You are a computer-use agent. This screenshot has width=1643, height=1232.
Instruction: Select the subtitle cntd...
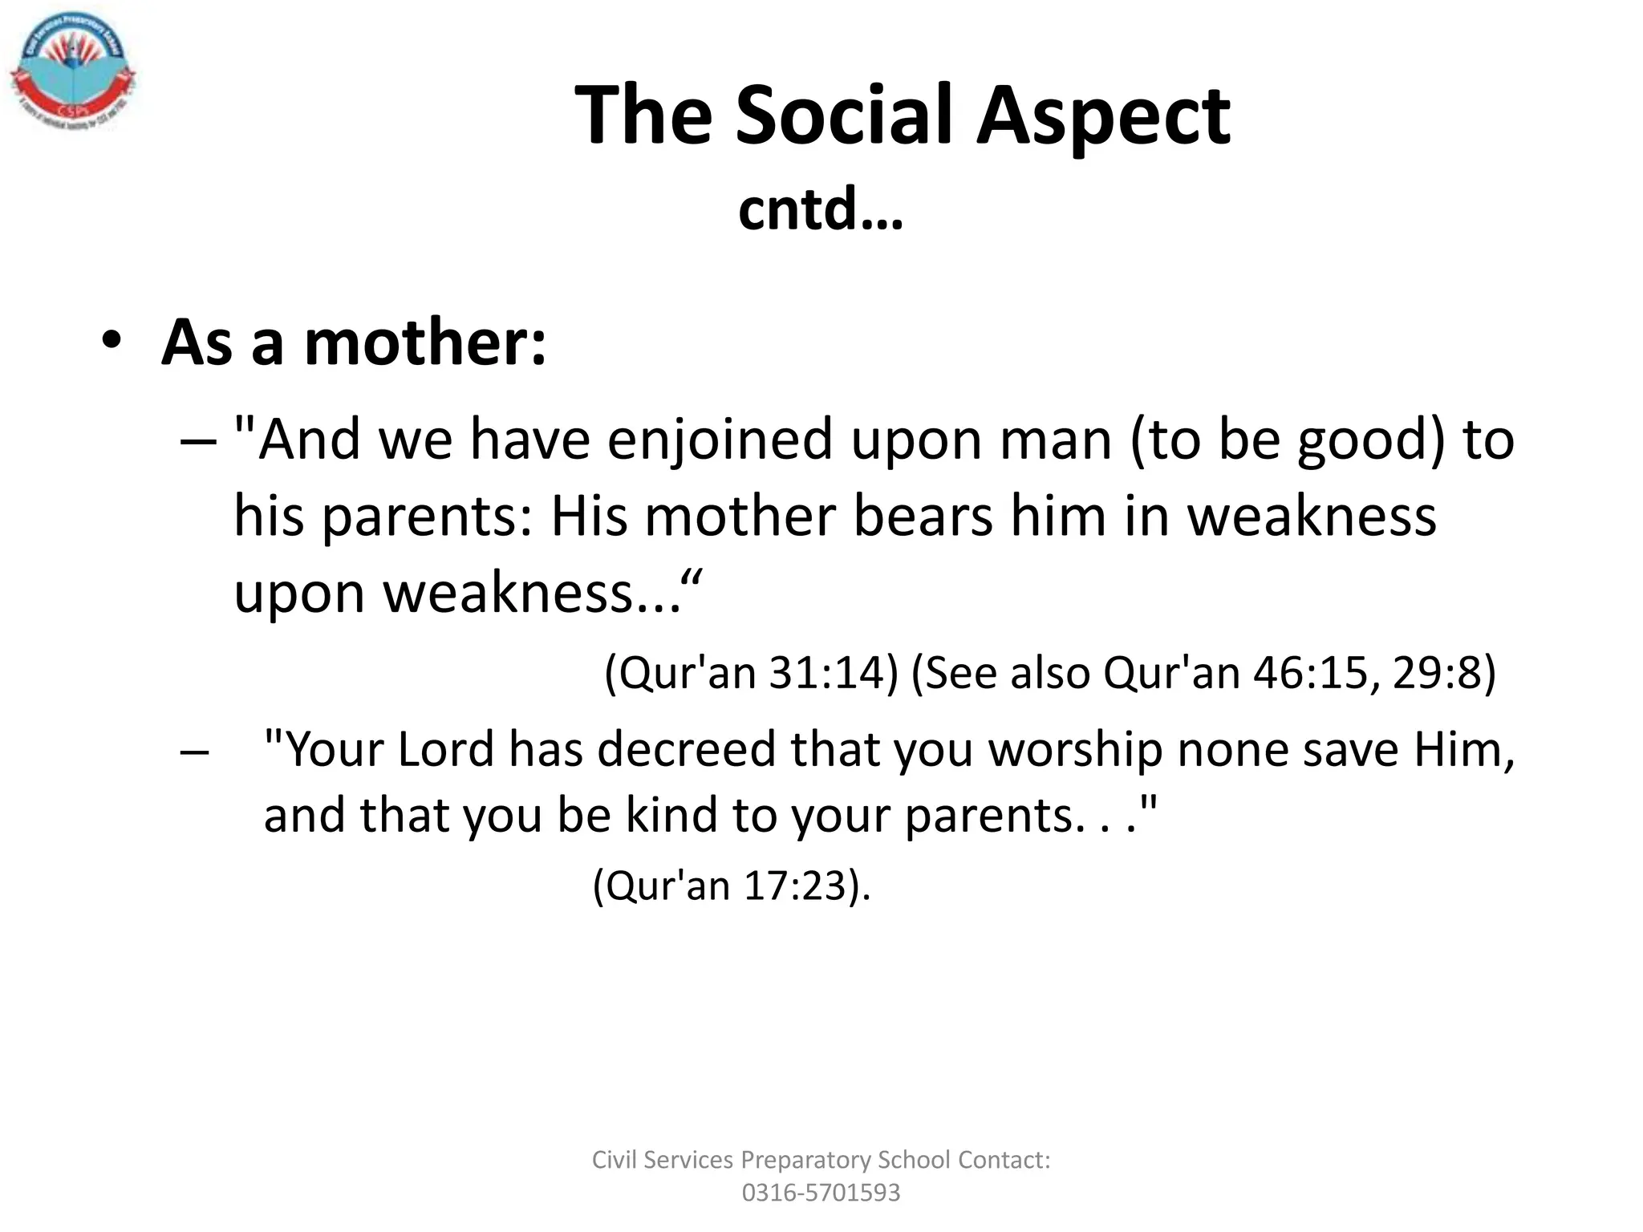click(x=820, y=209)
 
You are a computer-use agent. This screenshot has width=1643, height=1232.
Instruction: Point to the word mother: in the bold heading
click(x=425, y=342)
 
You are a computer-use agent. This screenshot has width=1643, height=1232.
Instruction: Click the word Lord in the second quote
click(x=445, y=749)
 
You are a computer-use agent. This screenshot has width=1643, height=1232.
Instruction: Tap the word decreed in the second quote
click(x=686, y=749)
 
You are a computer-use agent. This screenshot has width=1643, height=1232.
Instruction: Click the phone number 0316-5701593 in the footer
click(x=821, y=1193)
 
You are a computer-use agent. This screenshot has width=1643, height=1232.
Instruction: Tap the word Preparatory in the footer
click(x=805, y=1160)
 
